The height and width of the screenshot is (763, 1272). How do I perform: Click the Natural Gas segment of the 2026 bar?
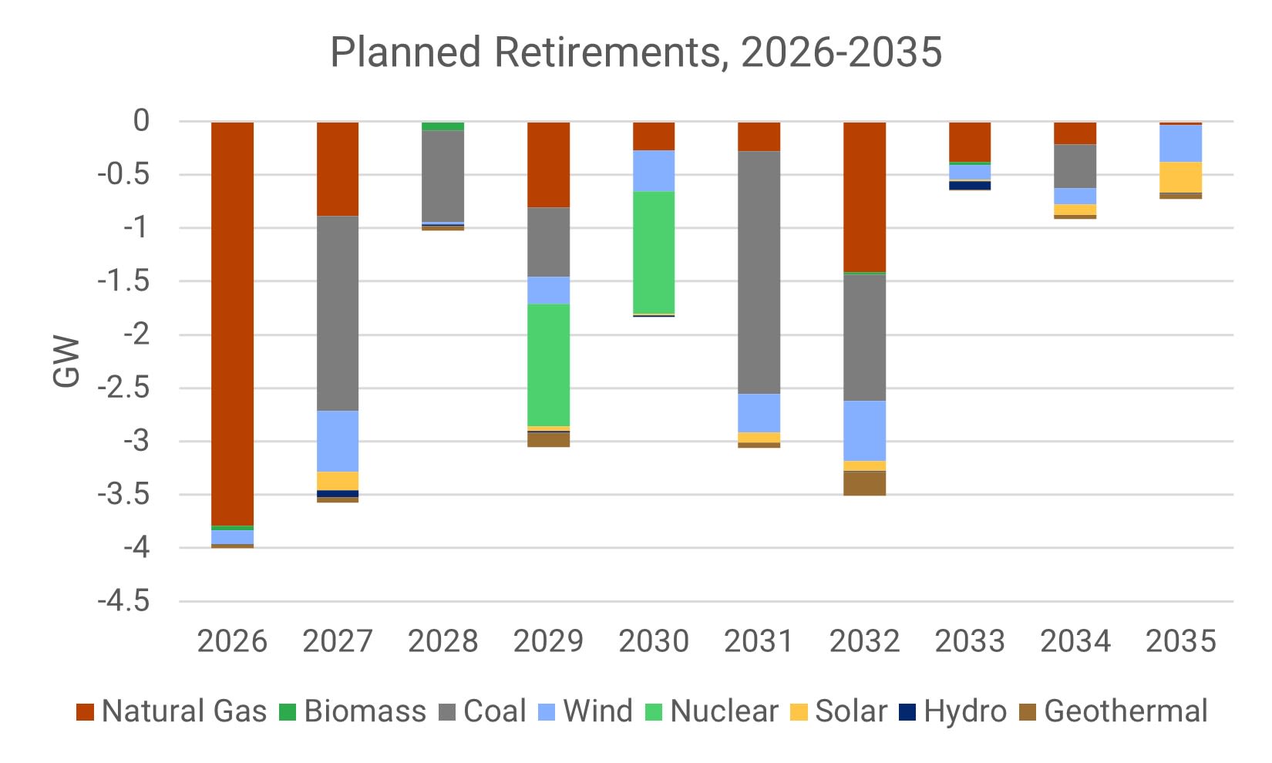point(232,324)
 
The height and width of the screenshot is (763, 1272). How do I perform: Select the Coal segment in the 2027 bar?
point(338,313)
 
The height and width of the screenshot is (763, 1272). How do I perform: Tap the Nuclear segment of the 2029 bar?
point(548,365)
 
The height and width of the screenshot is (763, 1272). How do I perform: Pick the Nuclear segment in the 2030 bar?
point(654,252)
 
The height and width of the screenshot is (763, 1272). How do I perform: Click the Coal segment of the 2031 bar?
point(759,272)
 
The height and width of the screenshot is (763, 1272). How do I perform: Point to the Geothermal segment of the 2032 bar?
point(864,482)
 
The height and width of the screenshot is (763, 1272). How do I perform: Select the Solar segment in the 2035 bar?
point(1180,177)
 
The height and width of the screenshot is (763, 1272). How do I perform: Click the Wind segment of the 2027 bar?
point(338,441)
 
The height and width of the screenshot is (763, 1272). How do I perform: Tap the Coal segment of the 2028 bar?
point(443,176)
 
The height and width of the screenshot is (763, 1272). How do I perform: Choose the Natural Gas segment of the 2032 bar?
point(864,197)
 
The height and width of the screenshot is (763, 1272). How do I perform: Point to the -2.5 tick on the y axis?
point(123,388)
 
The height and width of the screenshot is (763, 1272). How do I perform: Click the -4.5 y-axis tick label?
point(123,601)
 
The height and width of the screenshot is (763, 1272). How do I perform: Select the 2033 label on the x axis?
point(970,641)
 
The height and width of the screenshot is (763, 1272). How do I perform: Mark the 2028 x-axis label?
point(443,641)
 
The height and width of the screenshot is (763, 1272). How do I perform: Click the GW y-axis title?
point(67,361)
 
